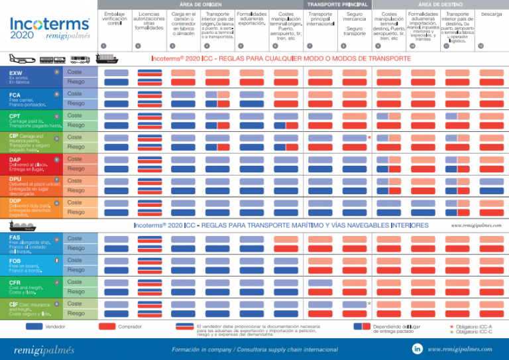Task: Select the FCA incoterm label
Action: pyautogui.click(x=15, y=95)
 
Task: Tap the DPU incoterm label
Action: pyautogui.click(x=15, y=179)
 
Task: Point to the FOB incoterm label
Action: pyautogui.click(x=15, y=261)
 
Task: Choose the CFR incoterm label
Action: pyautogui.click(x=15, y=282)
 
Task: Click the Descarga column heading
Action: pyautogui.click(x=491, y=14)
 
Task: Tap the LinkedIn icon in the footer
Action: pyautogui.click(x=418, y=348)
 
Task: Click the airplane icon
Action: pyautogui.click(x=19, y=58)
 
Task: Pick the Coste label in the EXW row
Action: pyautogui.click(x=75, y=72)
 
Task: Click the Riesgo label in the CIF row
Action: pyautogui.click(x=75, y=313)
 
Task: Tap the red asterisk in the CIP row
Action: pyautogui.click(x=368, y=138)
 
